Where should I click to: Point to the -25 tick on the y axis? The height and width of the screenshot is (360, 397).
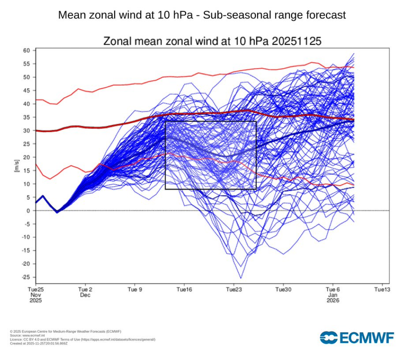(26, 277)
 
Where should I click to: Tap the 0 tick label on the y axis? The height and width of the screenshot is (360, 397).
(29, 211)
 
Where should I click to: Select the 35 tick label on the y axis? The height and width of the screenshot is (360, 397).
(27, 117)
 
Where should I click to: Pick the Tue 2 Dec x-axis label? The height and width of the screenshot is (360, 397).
(85, 292)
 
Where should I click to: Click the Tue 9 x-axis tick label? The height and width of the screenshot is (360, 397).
(135, 289)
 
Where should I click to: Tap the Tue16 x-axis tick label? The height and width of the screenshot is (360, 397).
(184, 289)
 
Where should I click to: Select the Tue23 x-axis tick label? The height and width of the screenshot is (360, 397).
(234, 289)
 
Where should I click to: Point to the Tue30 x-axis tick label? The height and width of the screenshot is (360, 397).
(283, 289)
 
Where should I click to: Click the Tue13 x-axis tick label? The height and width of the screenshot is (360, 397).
(382, 289)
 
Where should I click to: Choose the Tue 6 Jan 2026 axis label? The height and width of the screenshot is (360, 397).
(333, 295)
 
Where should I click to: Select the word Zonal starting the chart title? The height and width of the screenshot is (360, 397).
(116, 41)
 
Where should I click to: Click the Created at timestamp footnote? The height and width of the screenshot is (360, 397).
(38, 343)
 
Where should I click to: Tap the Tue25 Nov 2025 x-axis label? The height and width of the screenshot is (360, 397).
(36, 295)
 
